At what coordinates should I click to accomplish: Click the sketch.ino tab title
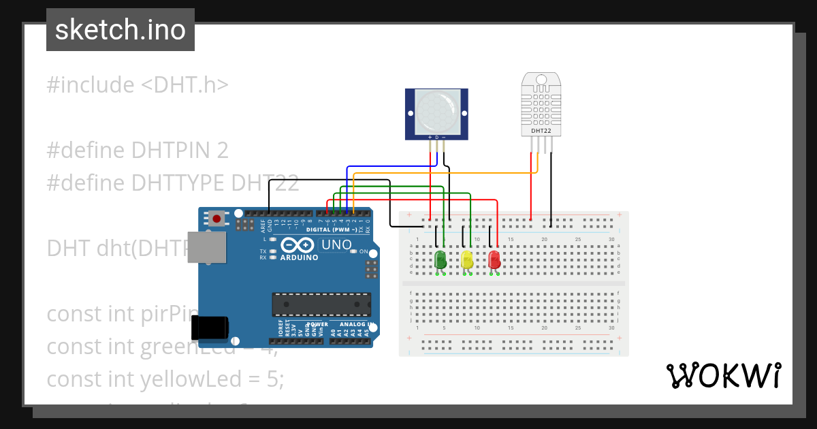(121, 30)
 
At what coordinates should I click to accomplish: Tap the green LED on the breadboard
(440, 259)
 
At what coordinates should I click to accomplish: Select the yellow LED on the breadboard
(466, 259)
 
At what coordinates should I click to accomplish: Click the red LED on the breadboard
(494, 259)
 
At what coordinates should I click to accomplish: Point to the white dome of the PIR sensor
(436, 112)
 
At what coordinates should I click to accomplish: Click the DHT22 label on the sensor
(541, 130)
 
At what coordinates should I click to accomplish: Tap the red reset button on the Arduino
(217, 219)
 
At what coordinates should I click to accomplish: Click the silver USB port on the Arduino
(207, 247)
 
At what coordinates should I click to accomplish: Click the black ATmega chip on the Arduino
(321, 304)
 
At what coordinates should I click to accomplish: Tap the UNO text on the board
(336, 244)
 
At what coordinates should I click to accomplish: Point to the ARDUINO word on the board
(299, 257)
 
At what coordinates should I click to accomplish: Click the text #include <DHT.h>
(138, 85)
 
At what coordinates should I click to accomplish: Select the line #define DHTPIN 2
(138, 150)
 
